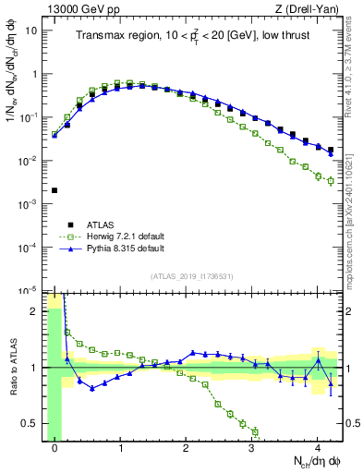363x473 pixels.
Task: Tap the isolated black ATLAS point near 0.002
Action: tap(54, 190)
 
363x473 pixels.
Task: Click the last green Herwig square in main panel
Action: tap(331, 181)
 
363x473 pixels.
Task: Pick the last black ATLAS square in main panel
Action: tap(331, 150)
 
